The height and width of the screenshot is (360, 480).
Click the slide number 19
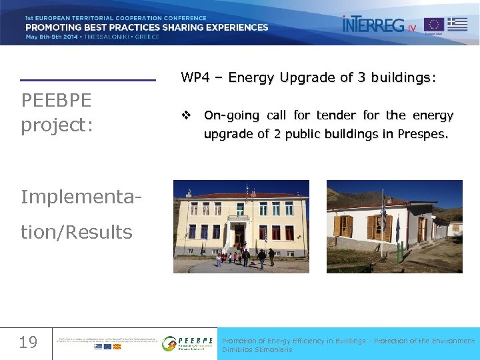pyautogui.click(x=27, y=343)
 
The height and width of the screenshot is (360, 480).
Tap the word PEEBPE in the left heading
pyautogui.click(x=57, y=101)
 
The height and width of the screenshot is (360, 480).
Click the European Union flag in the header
pyautogui.click(x=433, y=25)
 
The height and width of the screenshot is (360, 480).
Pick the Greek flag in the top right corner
pyautogui.click(x=457, y=24)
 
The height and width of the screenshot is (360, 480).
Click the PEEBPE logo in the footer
pyautogui.click(x=188, y=343)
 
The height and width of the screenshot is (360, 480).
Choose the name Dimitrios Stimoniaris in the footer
pyautogui.click(x=257, y=350)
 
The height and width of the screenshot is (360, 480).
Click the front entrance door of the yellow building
pyautogui.click(x=238, y=237)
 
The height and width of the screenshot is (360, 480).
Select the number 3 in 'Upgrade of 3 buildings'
pyautogui.click(x=361, y=78)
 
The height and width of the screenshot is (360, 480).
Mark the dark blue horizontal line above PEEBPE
pyautogui.click(x=88, y=81)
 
